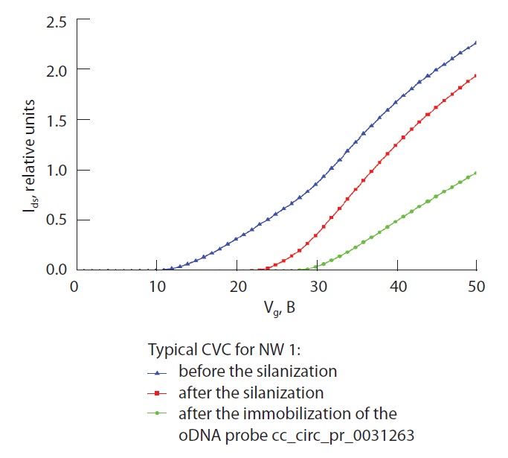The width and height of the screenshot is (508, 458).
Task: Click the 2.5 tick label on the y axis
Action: (57, 21)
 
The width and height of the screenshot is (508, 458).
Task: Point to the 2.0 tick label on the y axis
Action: (57, 70)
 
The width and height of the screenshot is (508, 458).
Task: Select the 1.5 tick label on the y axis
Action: (57, 120)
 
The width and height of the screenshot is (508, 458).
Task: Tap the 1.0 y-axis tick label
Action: (57, 170)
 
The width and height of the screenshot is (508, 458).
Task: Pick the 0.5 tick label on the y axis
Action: (57, 220)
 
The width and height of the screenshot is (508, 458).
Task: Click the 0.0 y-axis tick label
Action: (57, 270)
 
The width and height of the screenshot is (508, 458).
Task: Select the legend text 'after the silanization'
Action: (251, 392)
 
